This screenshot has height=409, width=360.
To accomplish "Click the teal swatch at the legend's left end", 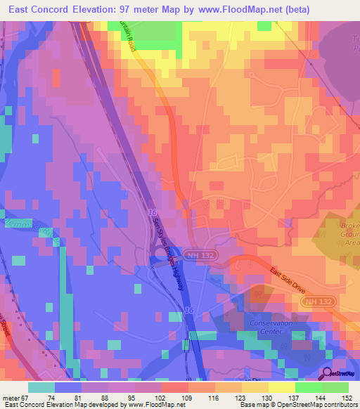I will tap(41, 387).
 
